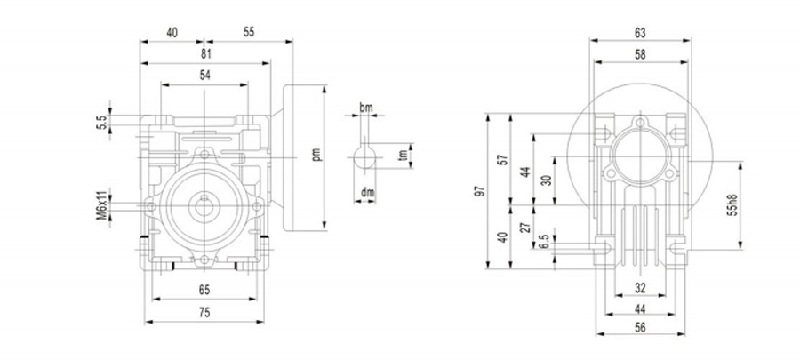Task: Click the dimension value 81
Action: click(x=205, y=55)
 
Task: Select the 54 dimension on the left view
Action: click(x=205, y=76)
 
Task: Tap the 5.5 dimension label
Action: click(x=101, y=120)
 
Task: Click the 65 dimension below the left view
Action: click(x=205, y=290)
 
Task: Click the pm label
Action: click(x=316, y=155)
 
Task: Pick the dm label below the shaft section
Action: click(x=366, y=192)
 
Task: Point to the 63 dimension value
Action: click(x=640, y=33)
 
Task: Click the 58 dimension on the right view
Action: click(x=640, y=55)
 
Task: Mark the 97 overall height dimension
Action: click(x=481, y=191)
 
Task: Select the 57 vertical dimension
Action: click(x=502, y=160)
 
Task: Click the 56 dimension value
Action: click(x=640, y=330)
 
